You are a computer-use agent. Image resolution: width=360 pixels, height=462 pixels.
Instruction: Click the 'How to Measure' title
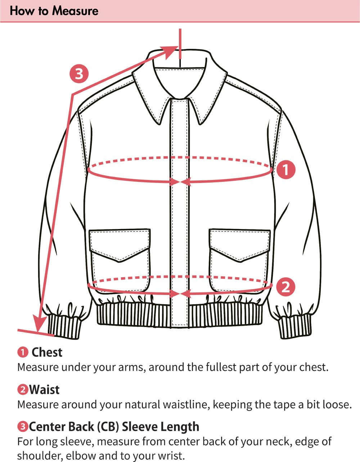click(x=54, y=11)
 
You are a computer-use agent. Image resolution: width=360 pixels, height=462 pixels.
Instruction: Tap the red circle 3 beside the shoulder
click(x=79, y=74)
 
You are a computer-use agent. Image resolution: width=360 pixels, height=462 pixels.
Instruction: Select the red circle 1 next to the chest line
click(x=286, y=170)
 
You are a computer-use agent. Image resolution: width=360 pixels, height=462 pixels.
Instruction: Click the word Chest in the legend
click(x=47, y=353)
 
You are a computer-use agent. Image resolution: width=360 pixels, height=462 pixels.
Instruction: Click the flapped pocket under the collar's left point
click(x=120, y=261)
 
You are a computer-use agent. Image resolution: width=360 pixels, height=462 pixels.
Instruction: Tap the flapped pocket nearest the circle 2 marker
click(x=240, y=261)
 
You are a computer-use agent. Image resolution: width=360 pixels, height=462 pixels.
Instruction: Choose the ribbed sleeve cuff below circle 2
click(x=295, y=326)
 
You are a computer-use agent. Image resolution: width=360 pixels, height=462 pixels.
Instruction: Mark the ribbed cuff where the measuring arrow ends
click(x=64, y=326)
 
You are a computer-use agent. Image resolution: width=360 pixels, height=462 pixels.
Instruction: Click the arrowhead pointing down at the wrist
click(x=40, y=323)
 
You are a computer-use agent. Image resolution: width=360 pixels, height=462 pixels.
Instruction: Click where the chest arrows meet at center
click(x=180, y=182)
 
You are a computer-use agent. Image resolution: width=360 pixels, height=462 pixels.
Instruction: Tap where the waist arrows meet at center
click(x=180, y=294)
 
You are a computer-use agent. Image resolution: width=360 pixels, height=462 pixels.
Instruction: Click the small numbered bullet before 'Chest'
click(x=23, y=353)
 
